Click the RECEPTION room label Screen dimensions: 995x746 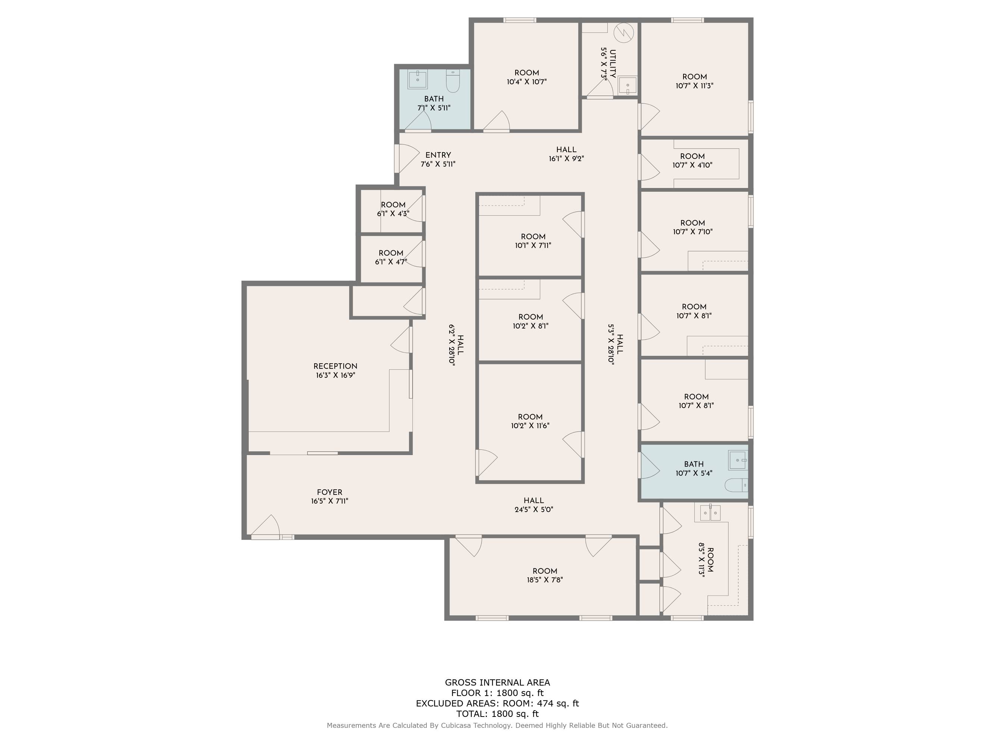[335, 366]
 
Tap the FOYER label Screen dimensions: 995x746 [329, 492]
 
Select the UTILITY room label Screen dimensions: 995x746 [613, 64]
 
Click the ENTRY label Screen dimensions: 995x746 [438, 155]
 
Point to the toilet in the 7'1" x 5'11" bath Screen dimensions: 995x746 [453, 81]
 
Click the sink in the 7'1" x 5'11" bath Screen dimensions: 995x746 [418, 79]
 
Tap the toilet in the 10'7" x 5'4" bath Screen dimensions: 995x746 [736, 485]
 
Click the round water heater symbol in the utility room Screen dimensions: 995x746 [624, 32]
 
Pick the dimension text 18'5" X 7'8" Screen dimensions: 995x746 [545, 580]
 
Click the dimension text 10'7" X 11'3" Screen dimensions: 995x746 [695, 86]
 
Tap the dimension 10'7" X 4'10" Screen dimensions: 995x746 [692, 165]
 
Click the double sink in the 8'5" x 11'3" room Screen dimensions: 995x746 [710, 513]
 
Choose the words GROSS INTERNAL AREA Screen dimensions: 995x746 [498, 683]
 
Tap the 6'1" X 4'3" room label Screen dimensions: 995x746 [393, 209]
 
